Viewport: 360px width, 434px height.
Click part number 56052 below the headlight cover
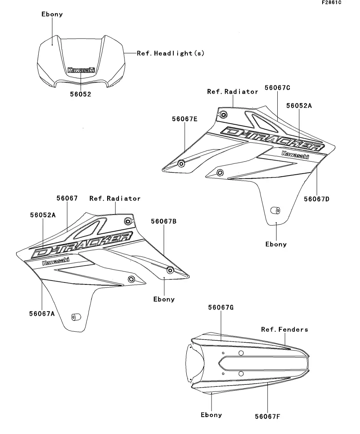click(x=80, y=94)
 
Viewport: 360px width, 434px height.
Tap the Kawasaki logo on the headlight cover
click(x=81, y=70)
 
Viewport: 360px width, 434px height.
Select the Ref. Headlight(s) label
click(x=171, y=53)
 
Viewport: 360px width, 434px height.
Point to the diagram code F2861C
click(x=331, y=3)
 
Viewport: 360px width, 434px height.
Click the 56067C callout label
click(x=277, y=88)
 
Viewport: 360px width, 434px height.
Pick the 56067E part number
click(x=184, y=119)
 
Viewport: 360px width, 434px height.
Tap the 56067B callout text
click(x=163, y=222)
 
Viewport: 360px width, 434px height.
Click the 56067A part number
click(x=41, y=313)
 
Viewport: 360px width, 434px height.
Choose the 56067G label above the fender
click(x=221, y=307)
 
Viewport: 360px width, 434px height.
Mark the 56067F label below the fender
click(x=267, y=416)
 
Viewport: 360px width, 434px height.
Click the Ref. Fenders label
click(x=284, y=329)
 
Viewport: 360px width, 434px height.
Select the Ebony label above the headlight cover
click(x=52, y=14)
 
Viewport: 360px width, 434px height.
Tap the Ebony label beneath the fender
click(x=211, y=415)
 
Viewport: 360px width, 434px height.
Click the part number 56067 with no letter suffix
click(x=67, y=199)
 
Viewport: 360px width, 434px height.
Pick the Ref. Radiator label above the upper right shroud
click(x=232, y=92)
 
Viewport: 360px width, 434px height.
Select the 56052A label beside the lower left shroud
click(x=43, y=215)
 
